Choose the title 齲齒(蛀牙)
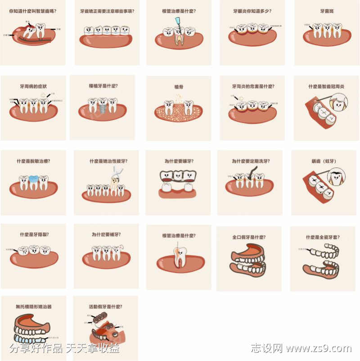coord(324,160)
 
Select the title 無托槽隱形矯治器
coord(34,307)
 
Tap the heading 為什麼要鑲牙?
coord(179,160)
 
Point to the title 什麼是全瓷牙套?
coord(323,237)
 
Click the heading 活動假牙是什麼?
coord(106,307)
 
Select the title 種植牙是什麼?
coord(103,85)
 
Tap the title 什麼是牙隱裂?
coord(35,234)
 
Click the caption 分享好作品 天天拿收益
coord(64,348)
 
